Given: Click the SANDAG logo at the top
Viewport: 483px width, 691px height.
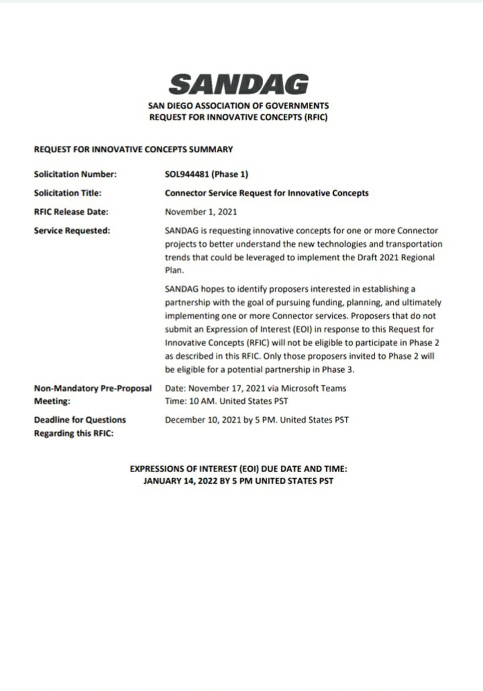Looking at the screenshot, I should [x=238, y=85].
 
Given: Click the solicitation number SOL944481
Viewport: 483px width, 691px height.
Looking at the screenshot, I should [x=186, y=174].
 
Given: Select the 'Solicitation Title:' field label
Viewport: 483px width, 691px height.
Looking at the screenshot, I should [x=68, y=193].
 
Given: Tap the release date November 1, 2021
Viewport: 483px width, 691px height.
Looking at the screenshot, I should [x=201, y=212].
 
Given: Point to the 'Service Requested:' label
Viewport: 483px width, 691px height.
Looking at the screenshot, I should [x=72, y=231].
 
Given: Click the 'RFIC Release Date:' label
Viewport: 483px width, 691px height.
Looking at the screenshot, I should [x=71, y=212].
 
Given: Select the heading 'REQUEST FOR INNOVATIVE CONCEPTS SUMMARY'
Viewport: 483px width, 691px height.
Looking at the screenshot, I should [x=133, y=150].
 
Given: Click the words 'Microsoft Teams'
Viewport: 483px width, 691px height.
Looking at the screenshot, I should [x=313, y=388].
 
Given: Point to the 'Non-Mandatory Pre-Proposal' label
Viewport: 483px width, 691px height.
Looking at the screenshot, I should [x=93, y=388].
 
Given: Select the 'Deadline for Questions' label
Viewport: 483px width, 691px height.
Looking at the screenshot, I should [x=80, y=420].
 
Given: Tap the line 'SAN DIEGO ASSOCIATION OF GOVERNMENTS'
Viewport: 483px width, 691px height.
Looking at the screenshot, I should [x=238, y=106].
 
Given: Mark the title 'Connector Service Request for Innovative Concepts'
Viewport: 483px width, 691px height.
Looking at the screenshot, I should [x=266, y=193].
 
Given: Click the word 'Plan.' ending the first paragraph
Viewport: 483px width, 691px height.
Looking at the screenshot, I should [x=174, y=271].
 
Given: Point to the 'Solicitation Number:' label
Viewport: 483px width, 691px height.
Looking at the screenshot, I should [x=75, y=174].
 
